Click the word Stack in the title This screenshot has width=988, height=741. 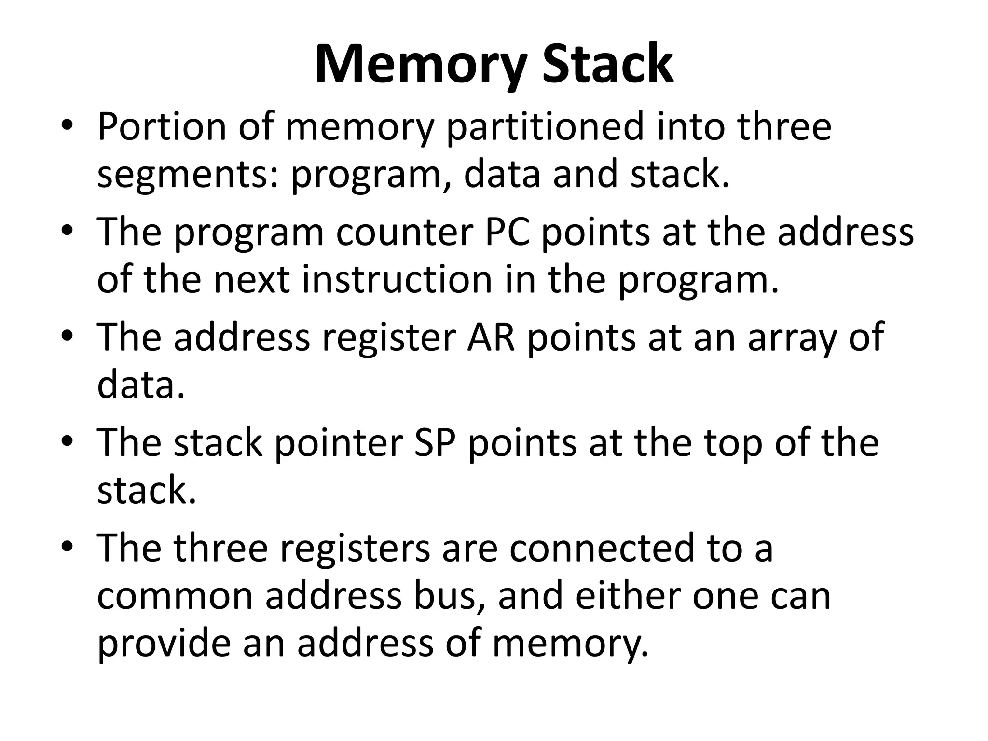coord(607,65)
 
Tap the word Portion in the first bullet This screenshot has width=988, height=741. coord(162,127)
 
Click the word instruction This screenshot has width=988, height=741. coord(397,280)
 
